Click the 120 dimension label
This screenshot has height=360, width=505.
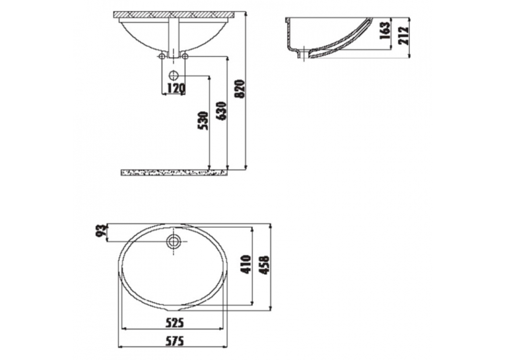pyautogui.click(x=176, y=87)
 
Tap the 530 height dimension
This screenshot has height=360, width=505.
pyautogui.click(x=203, y=121)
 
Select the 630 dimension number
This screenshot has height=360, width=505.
pyautogui.click(x=222, y=111)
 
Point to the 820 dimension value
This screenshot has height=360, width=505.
pyautogui.click(x=240, y=89)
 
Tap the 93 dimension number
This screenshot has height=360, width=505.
pyautogui.click(x=102, y=231)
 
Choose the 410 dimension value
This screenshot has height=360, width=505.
pyautogui.click(x=246, y=264)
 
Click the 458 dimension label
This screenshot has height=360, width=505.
pyautogui.click(x=264, y=265)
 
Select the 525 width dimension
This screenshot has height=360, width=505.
pyautogui.click(x=174, y=322)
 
